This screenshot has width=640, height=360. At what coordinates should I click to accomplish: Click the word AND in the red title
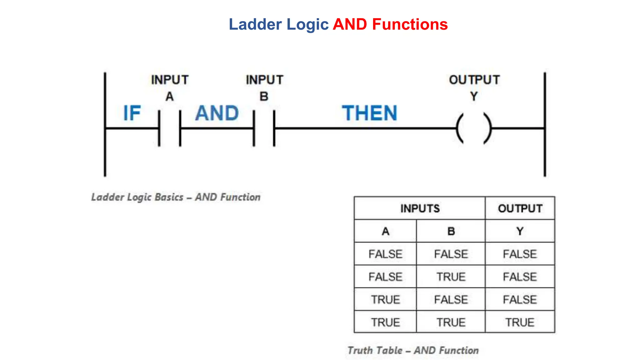350,24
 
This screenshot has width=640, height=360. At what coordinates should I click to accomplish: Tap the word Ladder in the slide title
255,24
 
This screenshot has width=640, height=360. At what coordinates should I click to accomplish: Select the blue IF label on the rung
132,113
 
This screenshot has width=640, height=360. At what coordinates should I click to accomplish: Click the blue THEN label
369,113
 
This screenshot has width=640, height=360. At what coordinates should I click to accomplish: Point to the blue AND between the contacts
217,113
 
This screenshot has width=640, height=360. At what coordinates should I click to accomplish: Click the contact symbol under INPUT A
170,128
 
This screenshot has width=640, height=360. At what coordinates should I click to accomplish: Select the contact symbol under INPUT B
264,128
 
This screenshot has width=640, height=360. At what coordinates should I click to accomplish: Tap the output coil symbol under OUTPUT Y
474,128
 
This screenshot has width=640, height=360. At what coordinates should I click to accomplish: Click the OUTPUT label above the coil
474,80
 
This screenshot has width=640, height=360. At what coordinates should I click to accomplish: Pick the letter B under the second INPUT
264,97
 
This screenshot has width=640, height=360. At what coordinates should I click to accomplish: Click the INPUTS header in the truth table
420,208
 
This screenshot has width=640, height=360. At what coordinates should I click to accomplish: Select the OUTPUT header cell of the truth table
520,208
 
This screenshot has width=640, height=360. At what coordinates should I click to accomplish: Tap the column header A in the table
385,231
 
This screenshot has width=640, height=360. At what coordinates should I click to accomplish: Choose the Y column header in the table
520,231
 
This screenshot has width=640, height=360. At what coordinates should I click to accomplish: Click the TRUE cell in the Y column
520,322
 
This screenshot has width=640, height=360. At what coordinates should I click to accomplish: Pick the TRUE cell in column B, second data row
451,277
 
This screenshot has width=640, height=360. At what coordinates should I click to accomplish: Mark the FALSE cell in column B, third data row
451,300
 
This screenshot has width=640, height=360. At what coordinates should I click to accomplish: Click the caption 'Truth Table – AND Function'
413,350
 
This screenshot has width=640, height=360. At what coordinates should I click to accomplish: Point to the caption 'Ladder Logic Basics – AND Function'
176,197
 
